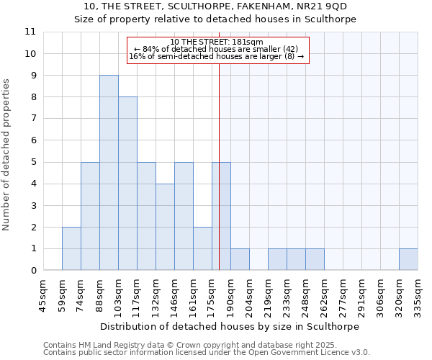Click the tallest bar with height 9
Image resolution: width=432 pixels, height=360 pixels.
[109, 173]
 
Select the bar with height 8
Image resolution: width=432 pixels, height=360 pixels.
[127, 184]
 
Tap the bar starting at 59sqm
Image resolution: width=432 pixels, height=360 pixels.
[71, 248]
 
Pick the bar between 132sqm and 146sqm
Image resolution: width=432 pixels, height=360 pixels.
[165, 227]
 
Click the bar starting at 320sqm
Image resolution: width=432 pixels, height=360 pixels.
[408, 259]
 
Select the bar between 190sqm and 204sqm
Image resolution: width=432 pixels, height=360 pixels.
[240, 259]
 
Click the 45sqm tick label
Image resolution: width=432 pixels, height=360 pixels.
[43, 294]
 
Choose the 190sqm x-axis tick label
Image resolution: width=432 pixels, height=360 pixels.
[230, 294]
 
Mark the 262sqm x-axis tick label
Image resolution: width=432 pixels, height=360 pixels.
[324, 294]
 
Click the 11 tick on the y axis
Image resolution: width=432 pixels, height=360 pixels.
[30, 32]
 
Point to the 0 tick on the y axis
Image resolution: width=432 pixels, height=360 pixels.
[33, 270]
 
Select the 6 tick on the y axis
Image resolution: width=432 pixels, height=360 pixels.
[33, 140]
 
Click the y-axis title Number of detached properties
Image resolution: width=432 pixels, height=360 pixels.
[7, 155]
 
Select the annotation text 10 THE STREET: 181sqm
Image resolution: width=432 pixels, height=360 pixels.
[217, 42]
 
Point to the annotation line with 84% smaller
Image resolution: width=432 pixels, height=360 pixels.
[217, 49]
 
